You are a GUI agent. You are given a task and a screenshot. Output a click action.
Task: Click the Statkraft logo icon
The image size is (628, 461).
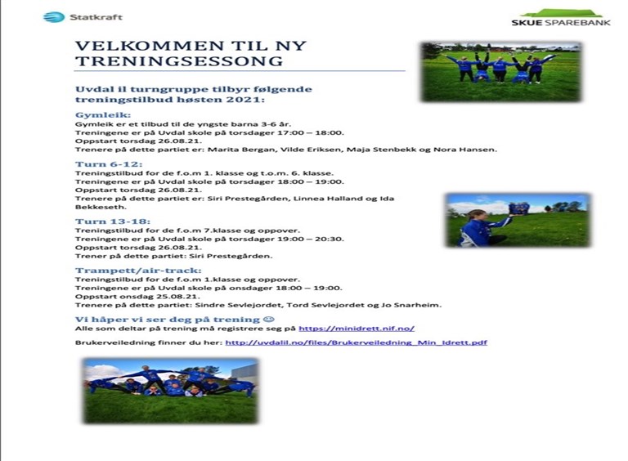pos(54,17)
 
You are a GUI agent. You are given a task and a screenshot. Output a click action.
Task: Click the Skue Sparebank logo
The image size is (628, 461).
pos(561,18)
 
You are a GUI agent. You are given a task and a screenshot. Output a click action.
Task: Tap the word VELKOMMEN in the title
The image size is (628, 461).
pos(150,46)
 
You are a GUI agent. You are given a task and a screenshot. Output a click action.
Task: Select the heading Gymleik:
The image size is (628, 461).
pos(103,115)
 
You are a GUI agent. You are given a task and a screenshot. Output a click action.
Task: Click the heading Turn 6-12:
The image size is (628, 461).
pos(109,164)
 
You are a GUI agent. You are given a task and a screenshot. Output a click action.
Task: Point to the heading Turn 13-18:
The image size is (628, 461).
pos(113,222)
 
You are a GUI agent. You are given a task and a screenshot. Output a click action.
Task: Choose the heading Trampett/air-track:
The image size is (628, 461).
pos(138,271)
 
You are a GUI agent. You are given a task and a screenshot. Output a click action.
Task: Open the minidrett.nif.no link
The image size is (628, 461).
pos(357,329)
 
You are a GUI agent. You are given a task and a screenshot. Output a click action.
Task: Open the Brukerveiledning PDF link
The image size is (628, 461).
pos(356,342)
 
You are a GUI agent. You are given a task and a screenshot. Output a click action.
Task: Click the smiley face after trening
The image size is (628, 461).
pos(269,320)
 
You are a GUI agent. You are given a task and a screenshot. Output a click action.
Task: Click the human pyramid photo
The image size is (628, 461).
pos(170,391)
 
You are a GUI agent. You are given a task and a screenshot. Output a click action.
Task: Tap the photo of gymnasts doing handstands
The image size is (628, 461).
pos(501,72)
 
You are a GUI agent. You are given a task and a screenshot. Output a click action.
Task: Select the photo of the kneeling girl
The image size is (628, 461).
pos(518,221)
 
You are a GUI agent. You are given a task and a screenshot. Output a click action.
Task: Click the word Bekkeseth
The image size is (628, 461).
pos(101,208)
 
